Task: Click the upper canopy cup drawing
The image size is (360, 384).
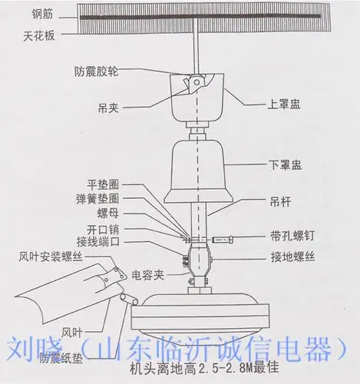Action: (x=199, y=102)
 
